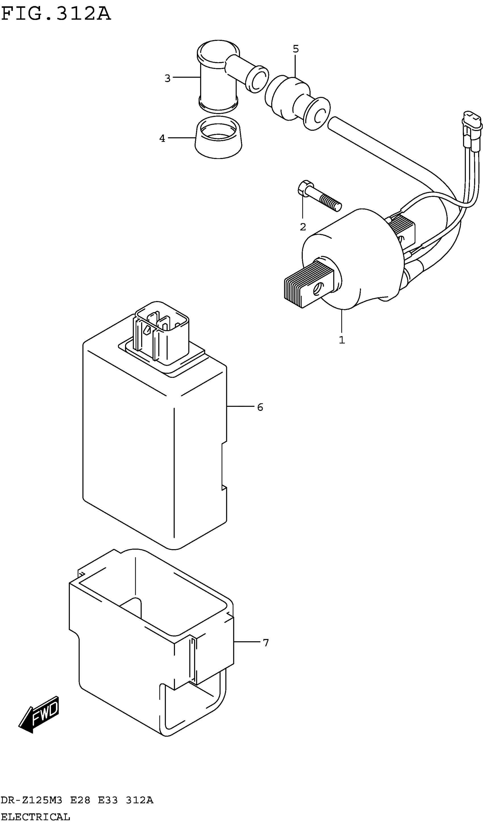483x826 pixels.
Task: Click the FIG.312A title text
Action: coord(56,14)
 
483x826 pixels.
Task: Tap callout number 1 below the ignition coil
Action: coord(342,340)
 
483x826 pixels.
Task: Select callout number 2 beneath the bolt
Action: coord(303,227)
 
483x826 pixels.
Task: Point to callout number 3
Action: coord(167,78)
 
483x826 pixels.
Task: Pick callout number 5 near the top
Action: coord(295,49)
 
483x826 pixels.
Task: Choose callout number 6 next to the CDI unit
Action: coord(260,407)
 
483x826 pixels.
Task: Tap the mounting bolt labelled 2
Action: coord(319,197)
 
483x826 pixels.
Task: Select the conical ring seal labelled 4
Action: coord(218,138)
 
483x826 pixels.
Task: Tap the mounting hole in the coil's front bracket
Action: coord(317,289)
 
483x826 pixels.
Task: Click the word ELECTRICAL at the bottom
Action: coord(35,817)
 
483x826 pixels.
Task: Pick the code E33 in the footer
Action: coord(108,800)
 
